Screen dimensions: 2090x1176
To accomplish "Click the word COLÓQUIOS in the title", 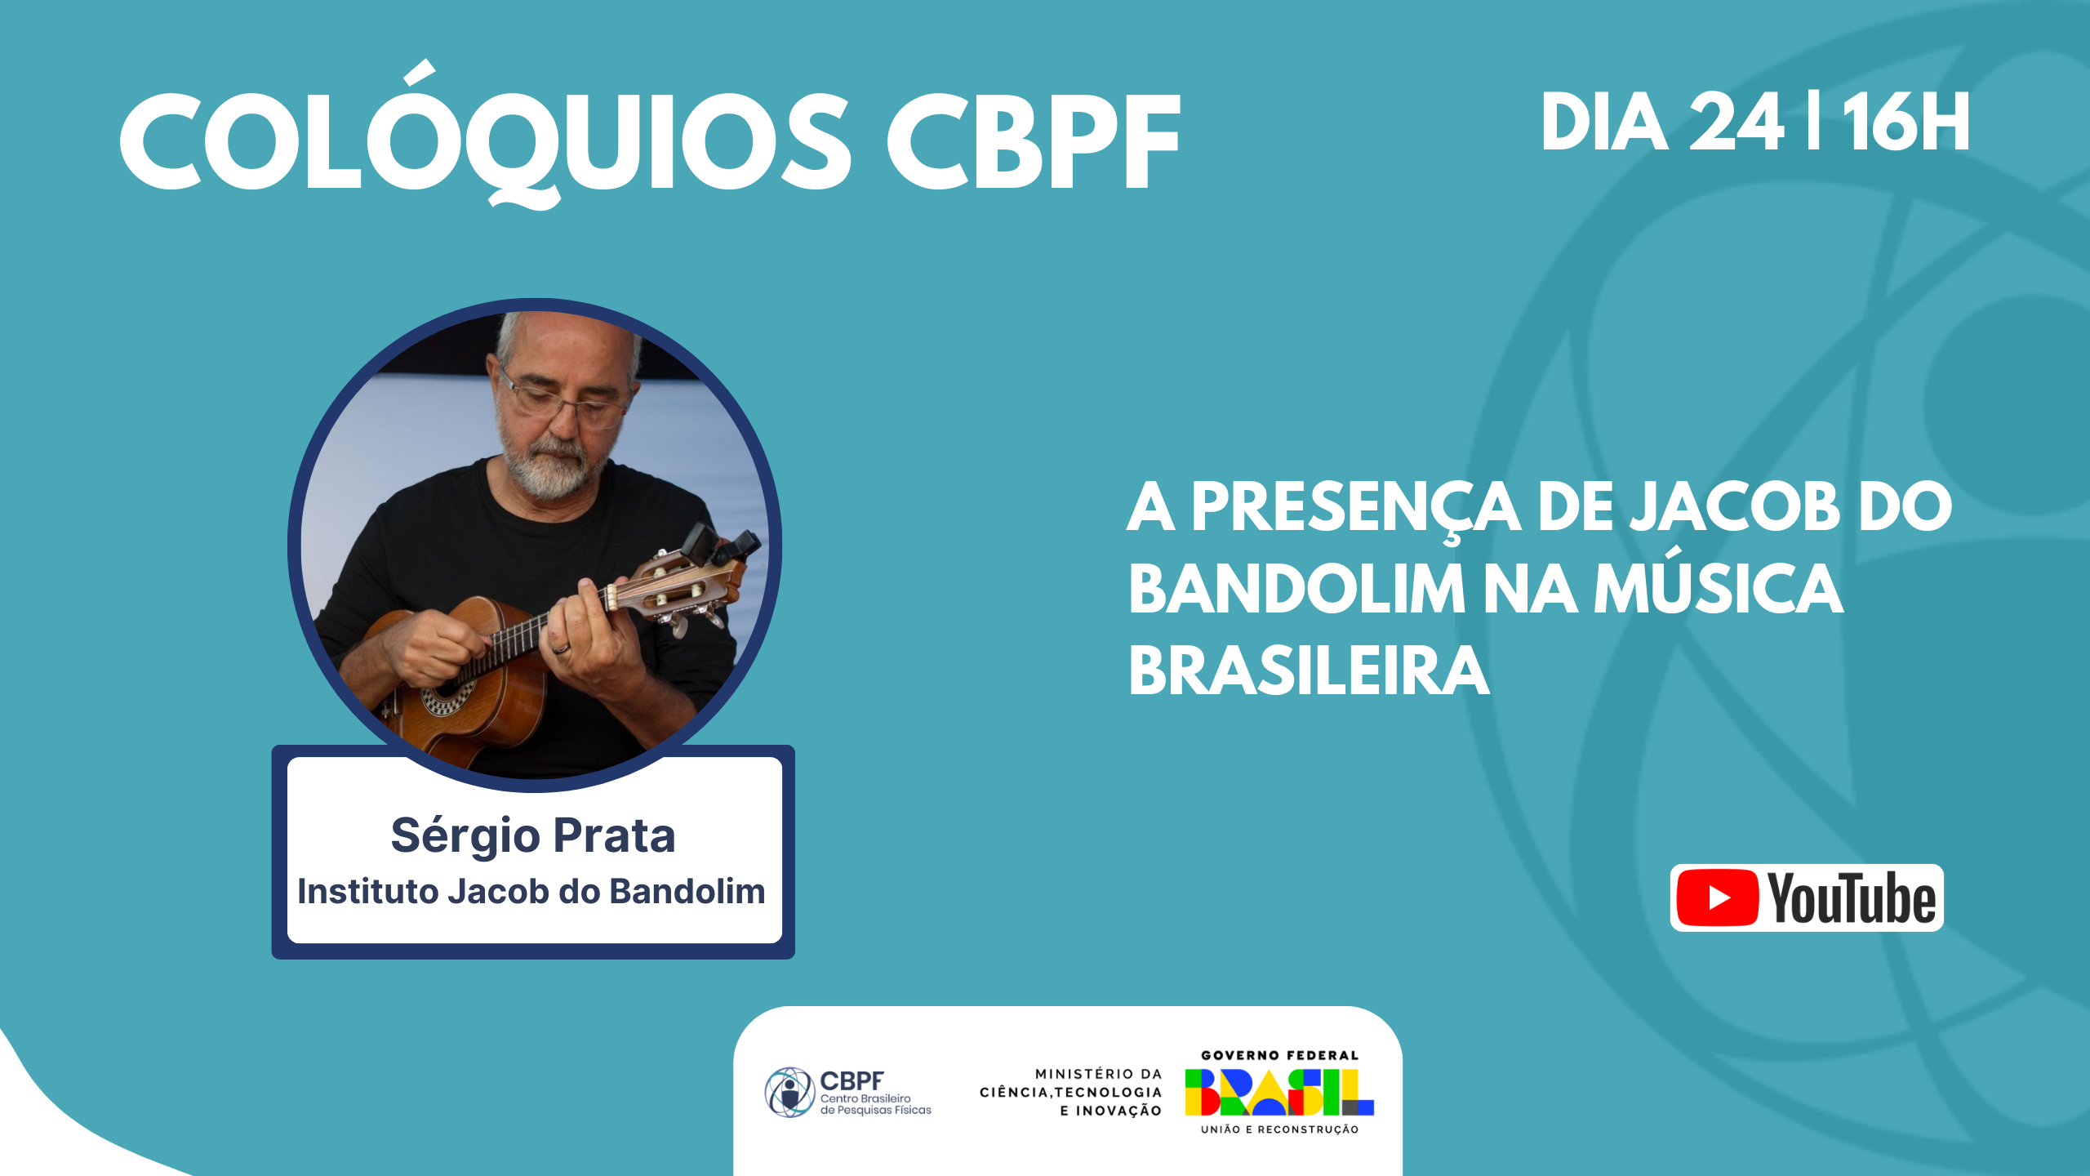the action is tap(485, 135).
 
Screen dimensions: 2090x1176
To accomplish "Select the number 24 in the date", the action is tap(1736, 122).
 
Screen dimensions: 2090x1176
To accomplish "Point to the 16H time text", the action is tap(1906, 122).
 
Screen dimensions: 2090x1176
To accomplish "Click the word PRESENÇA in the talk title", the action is tap(1355, 509).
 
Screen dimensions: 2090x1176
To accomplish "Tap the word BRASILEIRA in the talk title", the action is tap(1310, 670).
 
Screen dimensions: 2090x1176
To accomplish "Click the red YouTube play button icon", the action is tap(1718, 898).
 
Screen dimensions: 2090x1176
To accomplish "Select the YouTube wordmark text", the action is tap(1852, 898).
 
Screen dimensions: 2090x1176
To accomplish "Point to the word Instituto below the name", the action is tap(367, 891).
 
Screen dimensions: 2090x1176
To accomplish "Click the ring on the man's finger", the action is tap(560, 648).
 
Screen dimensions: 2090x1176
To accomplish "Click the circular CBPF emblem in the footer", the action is tap(789, 1092).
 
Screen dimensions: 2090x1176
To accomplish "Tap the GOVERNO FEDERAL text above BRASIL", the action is tap(1279, 1055).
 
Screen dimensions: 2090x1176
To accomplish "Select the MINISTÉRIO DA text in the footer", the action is tap(1098, 1074).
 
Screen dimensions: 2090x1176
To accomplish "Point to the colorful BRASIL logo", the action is tap(1279, 1092).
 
